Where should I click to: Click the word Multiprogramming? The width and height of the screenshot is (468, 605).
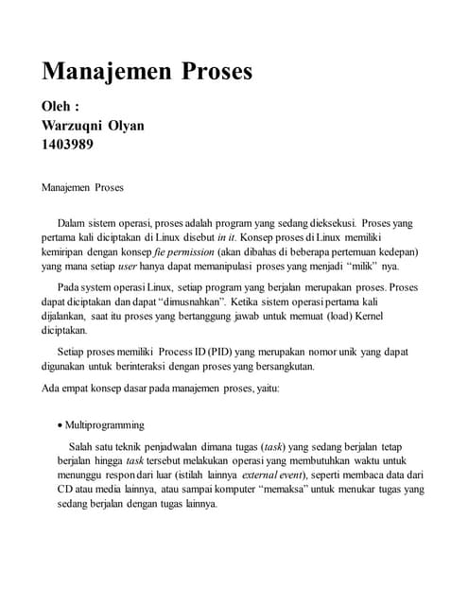tap(104, 425)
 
